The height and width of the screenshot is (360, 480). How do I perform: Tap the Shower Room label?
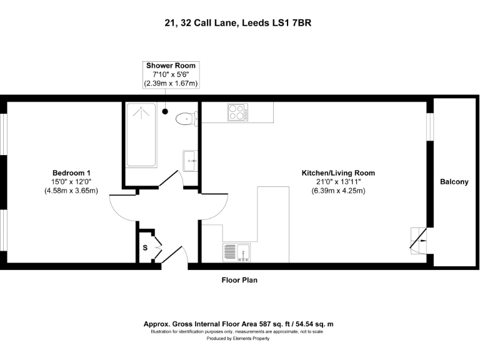coord(171,66)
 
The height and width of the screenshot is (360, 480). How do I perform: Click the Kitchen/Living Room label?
coord(338,172)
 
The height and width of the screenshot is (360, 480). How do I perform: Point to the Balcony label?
coord(454,182)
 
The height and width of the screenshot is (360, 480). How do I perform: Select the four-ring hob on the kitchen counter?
coord(237,112)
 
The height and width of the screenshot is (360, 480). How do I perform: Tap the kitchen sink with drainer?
coord(236,252)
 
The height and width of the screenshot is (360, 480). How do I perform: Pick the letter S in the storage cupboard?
coord(145,248)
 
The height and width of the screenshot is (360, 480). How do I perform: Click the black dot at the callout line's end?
coord(165,111)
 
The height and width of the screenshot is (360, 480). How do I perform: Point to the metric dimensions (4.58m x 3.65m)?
coord(71,191)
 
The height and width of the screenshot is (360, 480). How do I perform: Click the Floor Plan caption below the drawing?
coord(239,280)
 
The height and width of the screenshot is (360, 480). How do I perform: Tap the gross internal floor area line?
coord(239,324)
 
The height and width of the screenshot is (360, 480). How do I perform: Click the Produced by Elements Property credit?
coord(239,338)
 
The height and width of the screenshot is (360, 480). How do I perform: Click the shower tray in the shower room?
coord(142,134)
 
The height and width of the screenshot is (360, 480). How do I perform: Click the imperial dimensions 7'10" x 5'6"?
coord(171,74)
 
